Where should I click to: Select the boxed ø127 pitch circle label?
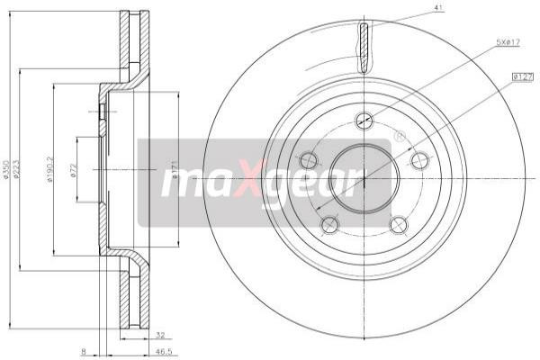523,78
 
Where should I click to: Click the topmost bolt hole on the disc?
364,120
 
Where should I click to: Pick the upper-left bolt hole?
309,160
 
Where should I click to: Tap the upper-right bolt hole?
419,160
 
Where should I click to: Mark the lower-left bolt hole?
330,225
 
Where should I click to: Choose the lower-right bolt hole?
399,225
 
